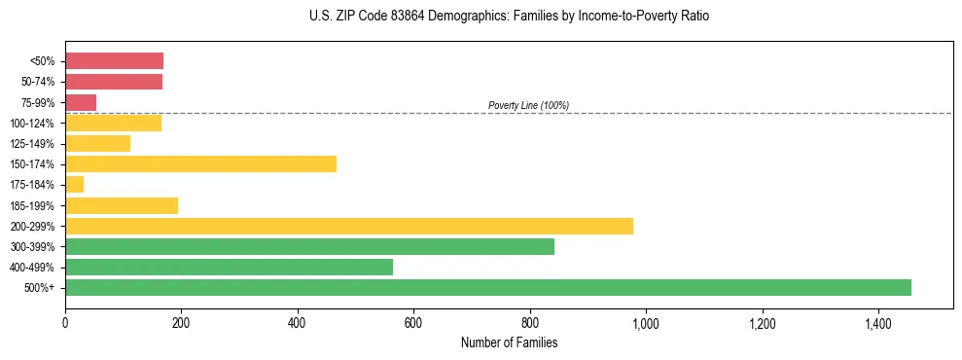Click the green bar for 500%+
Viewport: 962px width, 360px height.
click(487, 288)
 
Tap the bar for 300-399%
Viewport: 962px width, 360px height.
click(309, 246)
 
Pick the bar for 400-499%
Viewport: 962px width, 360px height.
click(229, 268)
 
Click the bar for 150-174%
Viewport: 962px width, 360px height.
click(200, 164)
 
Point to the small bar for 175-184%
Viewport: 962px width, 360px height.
click(74, 185)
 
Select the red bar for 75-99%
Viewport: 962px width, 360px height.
click(81, 102)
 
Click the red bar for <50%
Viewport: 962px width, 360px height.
click(114, 60)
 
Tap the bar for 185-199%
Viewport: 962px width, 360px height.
click(122, 205)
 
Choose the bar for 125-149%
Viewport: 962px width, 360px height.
click(97, 143)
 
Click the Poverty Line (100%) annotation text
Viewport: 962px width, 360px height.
click(528, 105)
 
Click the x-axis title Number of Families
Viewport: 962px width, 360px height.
click(509, 342)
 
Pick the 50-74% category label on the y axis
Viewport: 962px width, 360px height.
click(38, 82)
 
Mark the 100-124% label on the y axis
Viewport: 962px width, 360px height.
click(35, 123)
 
